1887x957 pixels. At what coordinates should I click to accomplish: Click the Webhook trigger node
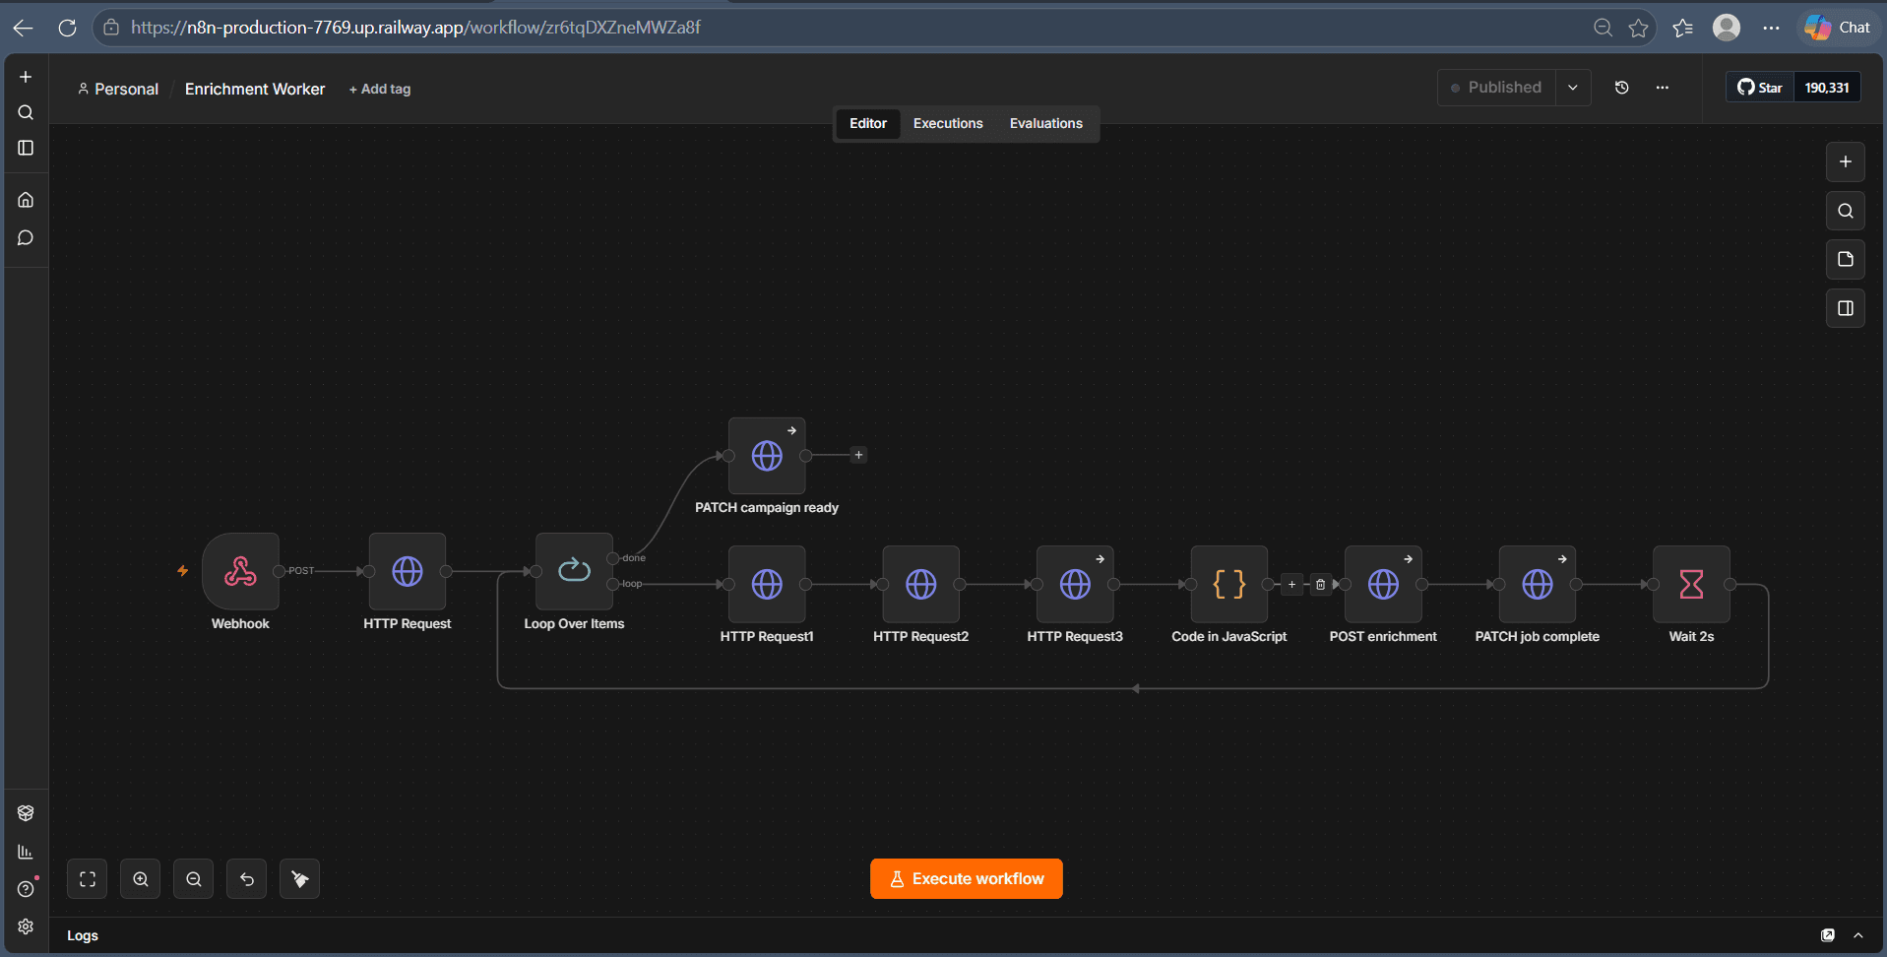[x=240, y=571]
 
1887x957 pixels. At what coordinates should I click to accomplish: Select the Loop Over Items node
[x=574, y=571]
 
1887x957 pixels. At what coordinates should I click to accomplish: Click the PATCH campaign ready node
[x=767, y=456]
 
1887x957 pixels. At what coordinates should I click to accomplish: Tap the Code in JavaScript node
[x=1229, y=584]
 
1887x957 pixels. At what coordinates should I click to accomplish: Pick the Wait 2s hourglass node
[x=1691, y=584]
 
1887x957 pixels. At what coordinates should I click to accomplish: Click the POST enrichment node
[x=1383, y=584]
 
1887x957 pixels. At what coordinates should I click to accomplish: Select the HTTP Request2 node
[x=921, y=584]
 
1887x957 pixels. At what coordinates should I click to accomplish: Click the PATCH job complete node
[x=1538, y=584]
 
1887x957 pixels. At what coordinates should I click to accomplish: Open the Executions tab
[x=948, y=123]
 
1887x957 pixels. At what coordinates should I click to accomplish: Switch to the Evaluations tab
[x=1045, y=123]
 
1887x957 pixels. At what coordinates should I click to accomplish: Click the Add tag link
[x=380, y=89]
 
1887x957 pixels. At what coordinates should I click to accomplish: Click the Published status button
[x=1496, y=88]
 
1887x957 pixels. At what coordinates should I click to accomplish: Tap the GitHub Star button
[x=1760, y=88]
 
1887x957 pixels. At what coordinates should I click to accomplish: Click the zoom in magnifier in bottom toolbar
[x=141, y=879]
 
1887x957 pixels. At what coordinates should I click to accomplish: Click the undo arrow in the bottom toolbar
[x=247, y=879]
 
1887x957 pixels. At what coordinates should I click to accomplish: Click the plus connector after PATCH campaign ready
[x=858, y=455]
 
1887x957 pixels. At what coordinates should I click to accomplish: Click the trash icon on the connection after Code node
[x=1320, y=584]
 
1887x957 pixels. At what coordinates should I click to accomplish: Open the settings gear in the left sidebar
[x=26, y=926]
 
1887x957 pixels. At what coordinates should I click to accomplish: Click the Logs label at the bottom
[x=83, y=935]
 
